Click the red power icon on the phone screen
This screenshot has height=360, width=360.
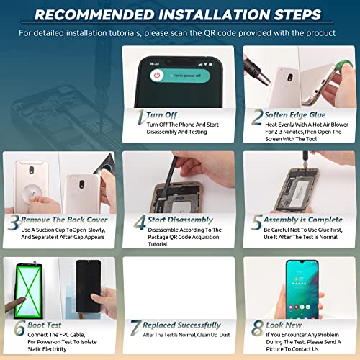(157, 76)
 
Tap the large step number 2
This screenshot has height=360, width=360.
(257, 117)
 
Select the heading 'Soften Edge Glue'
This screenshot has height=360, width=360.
(295, 114)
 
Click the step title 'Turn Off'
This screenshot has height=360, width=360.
(162, 115)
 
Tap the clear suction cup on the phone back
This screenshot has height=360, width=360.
(32, 192)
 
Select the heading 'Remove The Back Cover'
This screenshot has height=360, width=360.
(64, 220)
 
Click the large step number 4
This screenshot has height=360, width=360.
(140, 222)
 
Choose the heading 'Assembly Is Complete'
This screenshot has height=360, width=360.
(303, 220)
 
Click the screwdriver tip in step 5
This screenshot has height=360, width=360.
(305, 166)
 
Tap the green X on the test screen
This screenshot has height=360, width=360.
(29, 289)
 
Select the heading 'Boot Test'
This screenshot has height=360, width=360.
(45, 325)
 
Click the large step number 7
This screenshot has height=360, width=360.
(135, 328)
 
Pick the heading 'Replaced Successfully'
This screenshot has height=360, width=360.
(181, 325)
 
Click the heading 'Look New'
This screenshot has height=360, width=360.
(284, 325)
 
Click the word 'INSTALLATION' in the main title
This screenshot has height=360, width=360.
(215, 14)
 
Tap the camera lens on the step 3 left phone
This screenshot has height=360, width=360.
(32, 170)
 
